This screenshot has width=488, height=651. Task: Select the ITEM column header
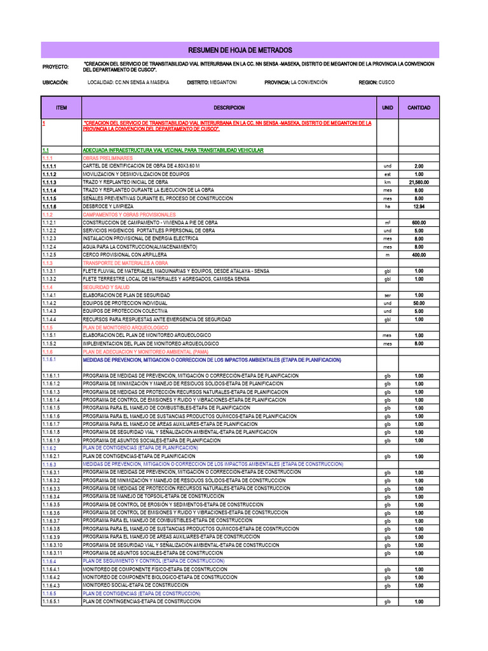pyautogui.click(x=61, y=108)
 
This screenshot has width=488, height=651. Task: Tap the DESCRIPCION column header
pyautogui.click(x=229, y=108)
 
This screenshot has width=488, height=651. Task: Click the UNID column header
pyautogui.click(x=388, y=108)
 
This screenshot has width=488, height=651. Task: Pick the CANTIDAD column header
pyautogui.click(x=419, y=108)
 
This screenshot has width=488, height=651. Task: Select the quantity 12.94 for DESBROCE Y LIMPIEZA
pyautogui.click(x=419, y=207)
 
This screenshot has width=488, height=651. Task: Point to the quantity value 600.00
pyautogui.click(x=419, y=223)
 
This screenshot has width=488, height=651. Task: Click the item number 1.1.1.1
pyautogui.click(x=50, y=166)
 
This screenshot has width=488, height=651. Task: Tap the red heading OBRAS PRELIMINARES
pyautogui.click(x=107, y=158)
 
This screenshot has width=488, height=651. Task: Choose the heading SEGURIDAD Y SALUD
pyautogui.click(x=106, y=287)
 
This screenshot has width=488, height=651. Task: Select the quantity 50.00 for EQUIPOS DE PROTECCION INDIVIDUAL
pyautogui.click(x=419, y=303)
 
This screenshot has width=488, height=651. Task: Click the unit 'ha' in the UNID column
pyautogui.click(x=388, y=207)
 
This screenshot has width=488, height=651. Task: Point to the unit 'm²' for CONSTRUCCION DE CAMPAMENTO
pyautogui.click(x=388, y=223)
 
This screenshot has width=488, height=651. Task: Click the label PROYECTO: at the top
pyautogui.click(x=55, y=67)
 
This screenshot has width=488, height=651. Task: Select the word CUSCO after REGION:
pyautogui.click(x=386, y=83)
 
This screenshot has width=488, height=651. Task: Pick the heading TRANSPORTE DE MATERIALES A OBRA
pyautogui.click(x=125, y=263)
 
